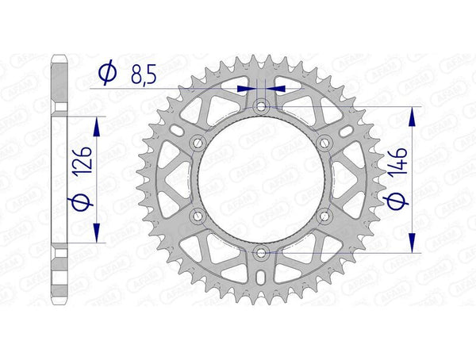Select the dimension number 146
tap(400, 167)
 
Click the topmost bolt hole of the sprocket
tap(261, 105)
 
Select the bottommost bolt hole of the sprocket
tap(261, 253)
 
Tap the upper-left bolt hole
tap(198, 142)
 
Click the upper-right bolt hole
tap(324, 142)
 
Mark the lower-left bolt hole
tap(198, 216)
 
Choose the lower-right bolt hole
tap(324, 216)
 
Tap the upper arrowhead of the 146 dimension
tap(412, 116)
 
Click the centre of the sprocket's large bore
tap(261, 179)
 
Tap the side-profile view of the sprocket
tap(59, 179)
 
